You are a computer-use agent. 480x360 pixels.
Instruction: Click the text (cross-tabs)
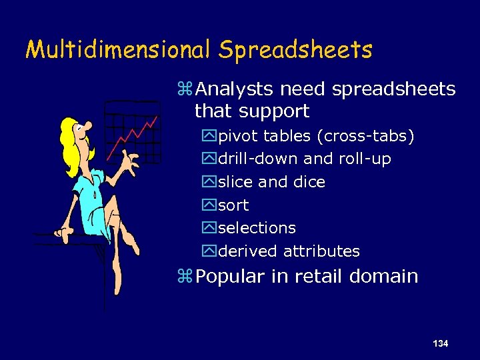(x=366, y=137)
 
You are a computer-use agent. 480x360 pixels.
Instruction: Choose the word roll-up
(x=365, y=159)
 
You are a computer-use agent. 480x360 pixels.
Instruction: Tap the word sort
(x=233, y=205)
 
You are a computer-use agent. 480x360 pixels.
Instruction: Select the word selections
(x=257, y=228)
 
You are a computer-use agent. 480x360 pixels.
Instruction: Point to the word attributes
(x=321, y=251)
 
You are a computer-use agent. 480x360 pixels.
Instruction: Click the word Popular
(x=232, y=277)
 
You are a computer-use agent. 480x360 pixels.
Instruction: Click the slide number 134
(x=440, y=343)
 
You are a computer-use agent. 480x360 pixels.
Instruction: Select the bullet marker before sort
(x=210, y=205)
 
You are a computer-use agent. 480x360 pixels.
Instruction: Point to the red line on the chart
(x=137, y=133)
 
